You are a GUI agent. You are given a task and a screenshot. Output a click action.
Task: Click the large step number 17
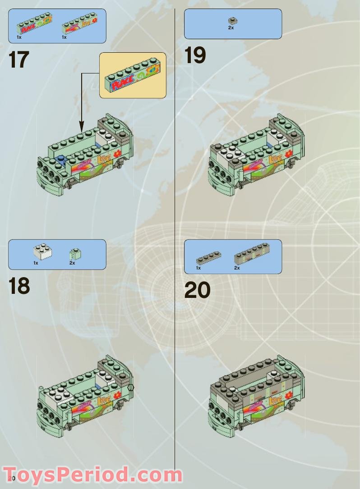[x=19, y=60]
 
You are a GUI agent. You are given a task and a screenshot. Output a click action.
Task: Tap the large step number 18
[x=19, y=287]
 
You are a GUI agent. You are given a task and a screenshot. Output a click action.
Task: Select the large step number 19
[x=195, y=56]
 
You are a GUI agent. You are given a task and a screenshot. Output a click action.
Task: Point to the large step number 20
[x=197, y=290]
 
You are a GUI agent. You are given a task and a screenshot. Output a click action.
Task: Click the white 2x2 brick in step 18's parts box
[x=42, y=252]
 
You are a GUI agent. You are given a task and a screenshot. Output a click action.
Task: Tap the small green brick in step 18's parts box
[x=75, y=254]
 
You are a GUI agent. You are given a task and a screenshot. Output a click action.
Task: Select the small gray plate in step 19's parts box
[x=233, y=20]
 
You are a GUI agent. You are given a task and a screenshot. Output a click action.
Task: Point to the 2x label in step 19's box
[x=231, y=28]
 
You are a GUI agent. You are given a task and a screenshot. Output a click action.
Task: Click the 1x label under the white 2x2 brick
[x=36, y=263]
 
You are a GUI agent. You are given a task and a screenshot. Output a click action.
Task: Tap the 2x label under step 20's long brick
[x=237, y=268]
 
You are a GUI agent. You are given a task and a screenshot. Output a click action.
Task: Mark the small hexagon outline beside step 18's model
[x=131, y=387]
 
